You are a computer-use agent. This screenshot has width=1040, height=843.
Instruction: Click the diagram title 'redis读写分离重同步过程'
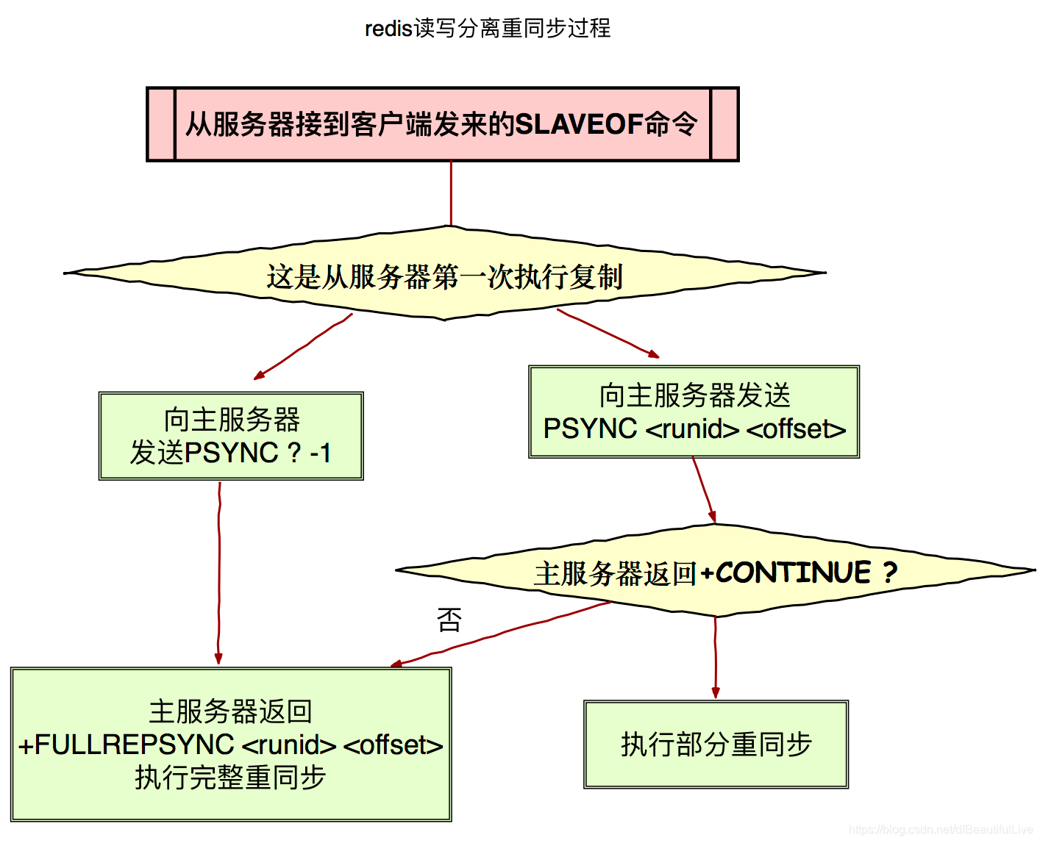488,28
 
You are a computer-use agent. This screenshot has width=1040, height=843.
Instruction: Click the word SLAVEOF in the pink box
580,124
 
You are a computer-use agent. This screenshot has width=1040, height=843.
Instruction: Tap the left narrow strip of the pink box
161,124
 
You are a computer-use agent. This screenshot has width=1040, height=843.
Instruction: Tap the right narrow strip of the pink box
724,124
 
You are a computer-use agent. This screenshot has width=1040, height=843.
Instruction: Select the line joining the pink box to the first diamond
451,193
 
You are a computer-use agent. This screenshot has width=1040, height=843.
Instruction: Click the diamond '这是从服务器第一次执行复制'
444,276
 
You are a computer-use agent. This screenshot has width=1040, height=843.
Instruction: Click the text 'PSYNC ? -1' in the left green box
257,453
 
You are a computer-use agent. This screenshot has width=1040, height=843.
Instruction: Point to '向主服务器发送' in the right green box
694,395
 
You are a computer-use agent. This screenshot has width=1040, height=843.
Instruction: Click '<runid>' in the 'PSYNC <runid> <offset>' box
691,428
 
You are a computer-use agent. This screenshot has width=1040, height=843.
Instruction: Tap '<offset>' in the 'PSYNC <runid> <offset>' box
796,428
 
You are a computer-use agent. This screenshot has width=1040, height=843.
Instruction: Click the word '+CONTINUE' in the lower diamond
786,572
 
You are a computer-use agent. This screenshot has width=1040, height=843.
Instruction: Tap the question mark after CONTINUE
890,572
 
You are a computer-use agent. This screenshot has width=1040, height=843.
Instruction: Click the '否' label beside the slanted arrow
449,620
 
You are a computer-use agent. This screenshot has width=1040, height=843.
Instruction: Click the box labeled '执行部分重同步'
716,744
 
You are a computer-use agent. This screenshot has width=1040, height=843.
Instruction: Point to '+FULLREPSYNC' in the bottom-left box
127,745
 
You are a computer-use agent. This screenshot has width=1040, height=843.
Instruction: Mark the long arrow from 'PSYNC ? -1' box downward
218,573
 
